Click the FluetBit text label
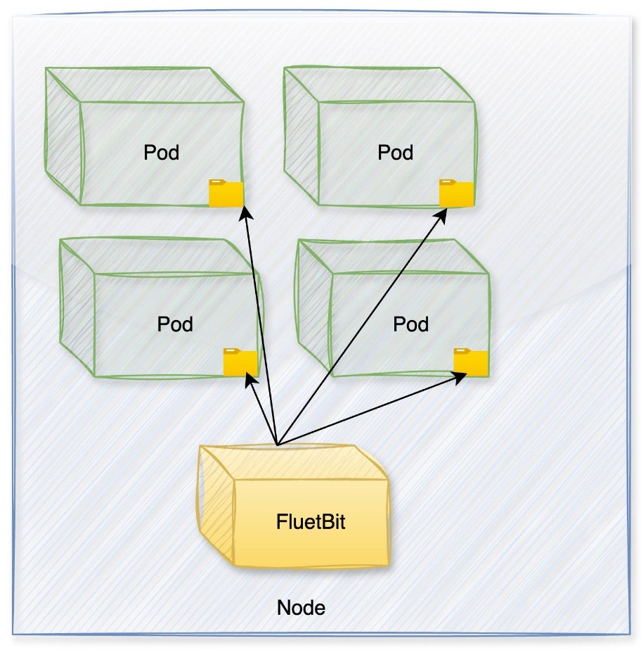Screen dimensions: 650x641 [311, 523]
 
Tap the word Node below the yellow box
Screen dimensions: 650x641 [301, 608]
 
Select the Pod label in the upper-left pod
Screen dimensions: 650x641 [161, 153]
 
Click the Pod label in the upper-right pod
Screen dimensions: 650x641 [395, 153]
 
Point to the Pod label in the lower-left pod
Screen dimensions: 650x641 [175, 324]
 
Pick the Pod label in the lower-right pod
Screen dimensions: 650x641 [410, 324]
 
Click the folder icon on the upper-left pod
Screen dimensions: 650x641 [226, 193]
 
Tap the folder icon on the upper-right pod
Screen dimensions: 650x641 [456, 193]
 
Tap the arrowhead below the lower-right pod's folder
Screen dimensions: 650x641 [460, 376]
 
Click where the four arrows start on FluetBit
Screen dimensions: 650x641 [278, 445]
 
